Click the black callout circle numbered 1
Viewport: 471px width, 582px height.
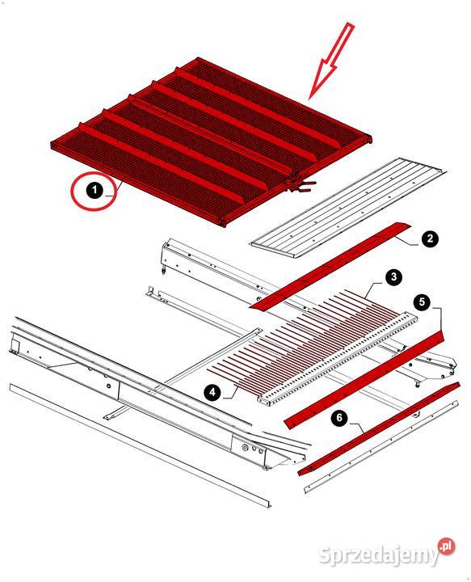(x=95, y=190)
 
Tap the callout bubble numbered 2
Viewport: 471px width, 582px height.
(x=430, y=238)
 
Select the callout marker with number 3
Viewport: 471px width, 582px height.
(x=393, y=277)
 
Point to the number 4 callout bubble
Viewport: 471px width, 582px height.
(x=212, y=392)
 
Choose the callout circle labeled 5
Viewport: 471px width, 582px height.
(x=422, y=302)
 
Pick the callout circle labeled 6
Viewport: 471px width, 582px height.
(x=339, y=418)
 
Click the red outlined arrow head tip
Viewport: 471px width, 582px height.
(x=309, y=99)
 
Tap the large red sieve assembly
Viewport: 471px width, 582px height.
(x=212, y=142)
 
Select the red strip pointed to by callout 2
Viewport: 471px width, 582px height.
(x=330, y=266)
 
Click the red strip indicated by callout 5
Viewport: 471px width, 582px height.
(x=364, y=381)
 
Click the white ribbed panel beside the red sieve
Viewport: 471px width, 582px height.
(x=349, y=209)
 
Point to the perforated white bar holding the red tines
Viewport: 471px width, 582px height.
(x=337, y=359)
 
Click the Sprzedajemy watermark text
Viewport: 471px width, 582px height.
(x=379, y=555)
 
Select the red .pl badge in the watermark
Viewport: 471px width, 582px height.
(x=447, y=546)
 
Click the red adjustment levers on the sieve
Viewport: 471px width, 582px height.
(x=301, y=187)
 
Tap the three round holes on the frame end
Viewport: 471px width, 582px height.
(x=253, y=449)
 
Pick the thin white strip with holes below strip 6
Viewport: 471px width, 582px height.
(x=381, y=447)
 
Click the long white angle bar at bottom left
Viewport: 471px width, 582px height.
(x=140, y=445)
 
